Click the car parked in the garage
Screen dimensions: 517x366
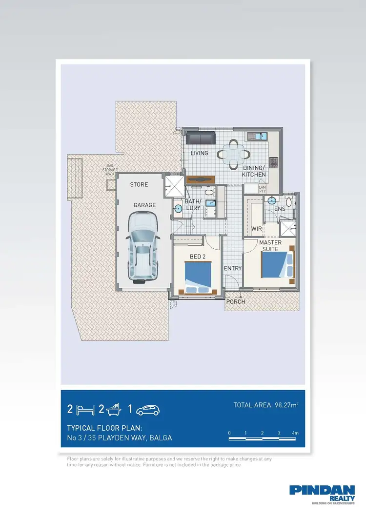[x=143, y=248]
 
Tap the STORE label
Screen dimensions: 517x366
[x=139, y=185]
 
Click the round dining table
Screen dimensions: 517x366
[x=234, y=152]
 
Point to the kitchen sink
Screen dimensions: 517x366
[x=257, y=136]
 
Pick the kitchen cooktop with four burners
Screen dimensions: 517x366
[x=274, y=160]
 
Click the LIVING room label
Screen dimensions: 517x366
[x=199, y=153]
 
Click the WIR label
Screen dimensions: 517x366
[x=257, y=229]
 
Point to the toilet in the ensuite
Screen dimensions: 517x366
[x=289, y=201]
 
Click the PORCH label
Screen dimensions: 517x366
[x=236, y=302]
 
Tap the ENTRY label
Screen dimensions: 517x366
[x=233, y=269]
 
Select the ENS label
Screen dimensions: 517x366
[x=280, y=209]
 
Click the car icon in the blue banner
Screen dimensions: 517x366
[x=148, y=410]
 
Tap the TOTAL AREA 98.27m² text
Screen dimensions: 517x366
[x=266, y=405]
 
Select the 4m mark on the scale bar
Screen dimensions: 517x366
[x=295, y=433]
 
